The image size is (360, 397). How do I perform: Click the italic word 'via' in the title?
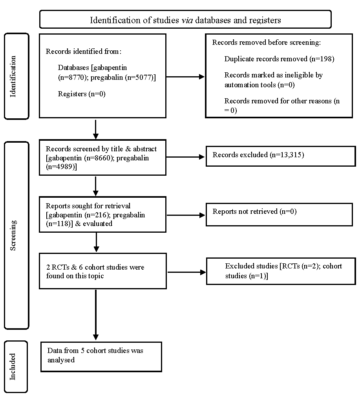(x=187, y=20)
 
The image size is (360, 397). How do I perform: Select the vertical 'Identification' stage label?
(x=13, y=77)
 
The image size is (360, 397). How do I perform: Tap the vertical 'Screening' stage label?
(x=13, y=235)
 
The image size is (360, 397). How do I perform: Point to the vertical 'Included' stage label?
(x=13, y=367)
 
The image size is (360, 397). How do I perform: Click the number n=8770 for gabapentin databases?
(x=72, y=77)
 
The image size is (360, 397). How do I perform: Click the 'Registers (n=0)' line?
(x=82, y=94)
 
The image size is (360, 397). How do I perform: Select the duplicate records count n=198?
(x=322, y=59)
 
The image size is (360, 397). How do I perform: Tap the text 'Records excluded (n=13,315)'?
(x=258, y=155)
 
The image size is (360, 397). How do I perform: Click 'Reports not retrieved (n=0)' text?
(x=254, y=211)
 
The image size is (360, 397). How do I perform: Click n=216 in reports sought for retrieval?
(x=97, y=215)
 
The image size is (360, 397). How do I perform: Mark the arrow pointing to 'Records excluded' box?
(x=185, y=157)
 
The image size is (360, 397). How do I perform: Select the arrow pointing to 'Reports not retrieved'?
(x=186, y=215)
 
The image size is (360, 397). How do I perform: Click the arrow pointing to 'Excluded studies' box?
(x=186, y=272)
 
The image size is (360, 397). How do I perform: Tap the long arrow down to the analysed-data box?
(x=96, y=315)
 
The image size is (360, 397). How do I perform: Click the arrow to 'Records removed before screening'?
(x=185, y=77)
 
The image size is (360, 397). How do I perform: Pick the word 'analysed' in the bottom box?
(x=61, y=360)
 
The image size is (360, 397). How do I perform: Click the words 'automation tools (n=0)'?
(x=259, y=85)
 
